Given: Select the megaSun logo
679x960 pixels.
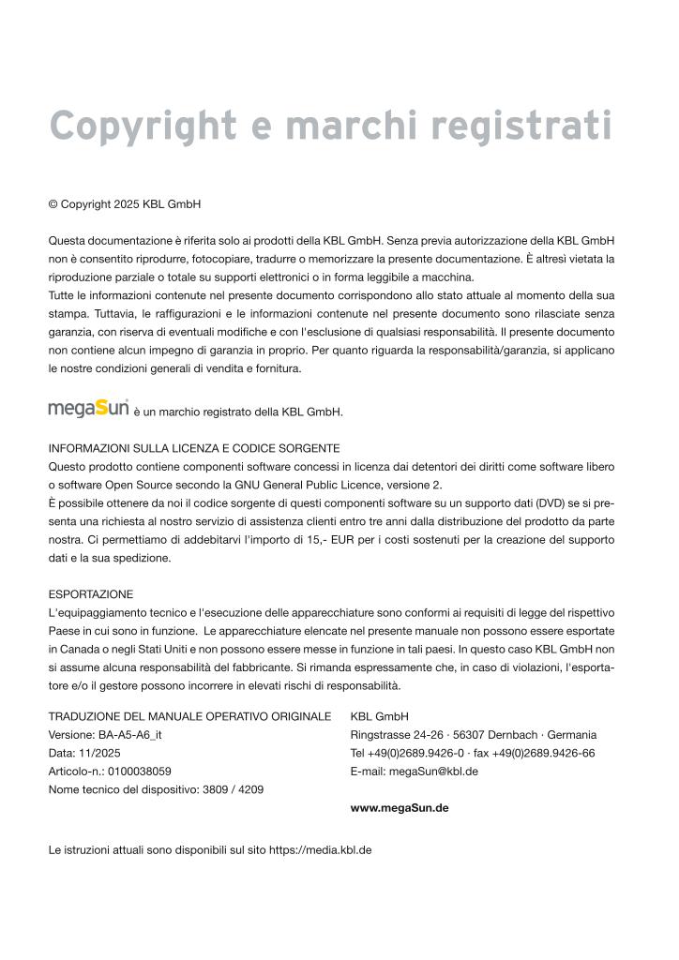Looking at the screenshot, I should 88,409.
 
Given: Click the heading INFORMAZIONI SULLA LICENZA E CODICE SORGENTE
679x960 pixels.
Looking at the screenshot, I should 194,448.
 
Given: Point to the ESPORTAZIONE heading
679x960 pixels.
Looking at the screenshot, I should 91,594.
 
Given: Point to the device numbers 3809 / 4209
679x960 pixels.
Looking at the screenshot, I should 233,789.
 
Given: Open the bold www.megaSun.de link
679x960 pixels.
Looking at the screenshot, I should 399,807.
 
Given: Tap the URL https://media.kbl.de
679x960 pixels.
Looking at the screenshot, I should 321,850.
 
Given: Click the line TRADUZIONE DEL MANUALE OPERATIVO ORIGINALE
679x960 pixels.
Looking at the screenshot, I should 189,716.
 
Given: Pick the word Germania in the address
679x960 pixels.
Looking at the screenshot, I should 570,735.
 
